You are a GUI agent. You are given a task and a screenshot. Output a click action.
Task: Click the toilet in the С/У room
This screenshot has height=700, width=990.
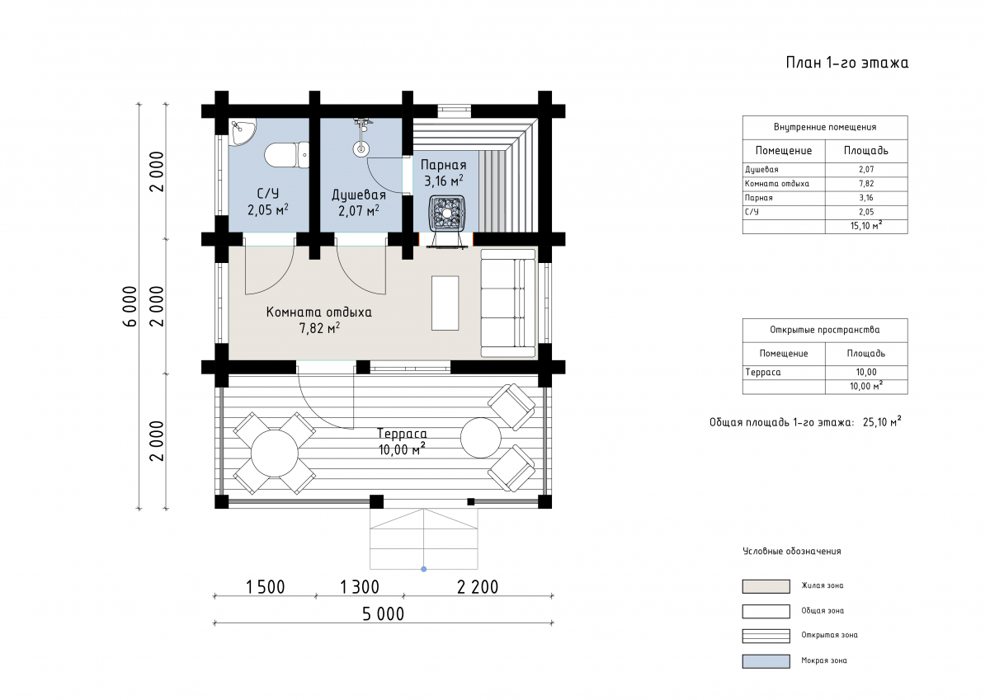click(286, 154)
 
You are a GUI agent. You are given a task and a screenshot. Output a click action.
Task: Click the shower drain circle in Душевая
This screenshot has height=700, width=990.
click(361, 149)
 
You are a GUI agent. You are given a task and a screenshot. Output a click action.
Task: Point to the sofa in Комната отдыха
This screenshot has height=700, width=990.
click(508, 303)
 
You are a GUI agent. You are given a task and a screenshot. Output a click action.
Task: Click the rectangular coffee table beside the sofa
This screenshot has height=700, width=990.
click(445, 303)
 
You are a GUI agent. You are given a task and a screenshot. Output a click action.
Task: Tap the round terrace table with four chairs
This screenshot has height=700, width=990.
click(275, 453)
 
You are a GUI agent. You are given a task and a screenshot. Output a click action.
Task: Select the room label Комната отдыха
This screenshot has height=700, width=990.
click(318, 312)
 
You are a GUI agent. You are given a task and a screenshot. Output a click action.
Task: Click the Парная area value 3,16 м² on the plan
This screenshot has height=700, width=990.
click(444, 181)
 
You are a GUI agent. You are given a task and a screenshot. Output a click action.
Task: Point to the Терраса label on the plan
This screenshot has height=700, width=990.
click(402, 433)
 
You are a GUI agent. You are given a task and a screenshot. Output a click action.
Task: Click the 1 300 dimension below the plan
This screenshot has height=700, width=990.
click(360, 587)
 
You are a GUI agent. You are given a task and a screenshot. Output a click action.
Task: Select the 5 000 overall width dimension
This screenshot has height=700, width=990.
click(383, 614)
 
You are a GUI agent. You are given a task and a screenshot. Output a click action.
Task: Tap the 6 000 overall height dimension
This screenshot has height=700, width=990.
click(130, 306)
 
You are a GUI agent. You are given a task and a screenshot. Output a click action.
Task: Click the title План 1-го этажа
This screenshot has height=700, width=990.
click(846, 63)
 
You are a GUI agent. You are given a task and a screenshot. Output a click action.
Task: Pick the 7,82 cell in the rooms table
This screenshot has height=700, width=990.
click(866, 184)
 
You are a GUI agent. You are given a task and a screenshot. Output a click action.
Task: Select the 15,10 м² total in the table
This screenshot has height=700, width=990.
click(866, 226)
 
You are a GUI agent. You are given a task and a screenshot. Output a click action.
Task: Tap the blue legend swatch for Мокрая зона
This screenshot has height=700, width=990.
click(766, 661)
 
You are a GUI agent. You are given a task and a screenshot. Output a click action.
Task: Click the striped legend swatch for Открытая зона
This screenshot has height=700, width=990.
click(766, 636)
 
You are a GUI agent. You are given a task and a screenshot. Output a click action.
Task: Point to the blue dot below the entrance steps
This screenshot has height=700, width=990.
click(423, 569)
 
